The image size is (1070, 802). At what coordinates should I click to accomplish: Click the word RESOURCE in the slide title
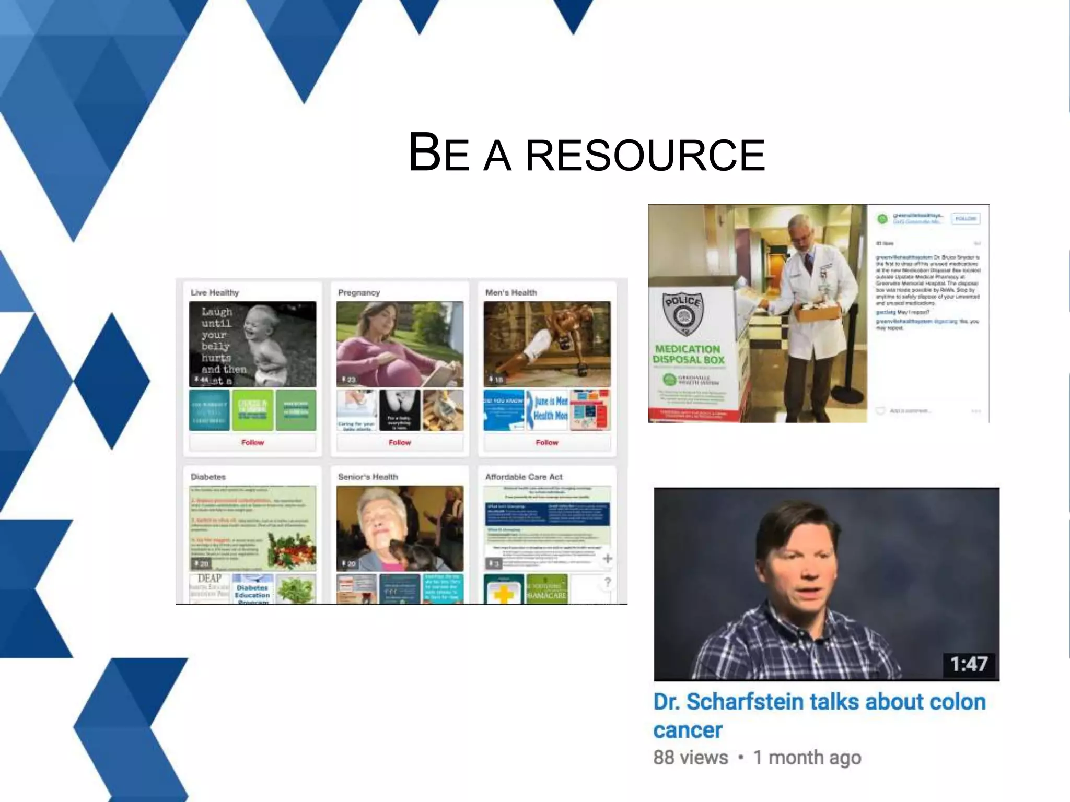click(x=645, y=155)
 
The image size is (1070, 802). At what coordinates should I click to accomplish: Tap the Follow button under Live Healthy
click(x=252, y=442)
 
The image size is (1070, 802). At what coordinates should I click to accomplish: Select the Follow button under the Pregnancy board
click(x=400, y=442)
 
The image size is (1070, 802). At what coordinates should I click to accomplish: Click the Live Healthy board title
click(x=215, y=292)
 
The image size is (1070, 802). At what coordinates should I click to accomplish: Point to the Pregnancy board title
click(x=359, y=292)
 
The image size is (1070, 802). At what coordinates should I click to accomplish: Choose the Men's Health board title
click(x=511, y=292)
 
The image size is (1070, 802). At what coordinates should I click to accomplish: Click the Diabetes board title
click(x=208, y=477)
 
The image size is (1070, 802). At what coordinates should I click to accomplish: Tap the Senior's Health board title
click(x=368, y=477)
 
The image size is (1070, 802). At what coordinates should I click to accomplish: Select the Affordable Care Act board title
click(x=524, y=477)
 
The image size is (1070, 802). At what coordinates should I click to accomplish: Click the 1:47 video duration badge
click(x=969, y=664)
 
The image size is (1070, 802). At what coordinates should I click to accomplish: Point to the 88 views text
click(x=690, y=758)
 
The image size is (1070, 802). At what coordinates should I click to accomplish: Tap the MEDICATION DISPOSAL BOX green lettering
click(x=688, y=355)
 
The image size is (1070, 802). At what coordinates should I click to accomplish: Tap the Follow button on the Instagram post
click(x=965, y=219)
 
